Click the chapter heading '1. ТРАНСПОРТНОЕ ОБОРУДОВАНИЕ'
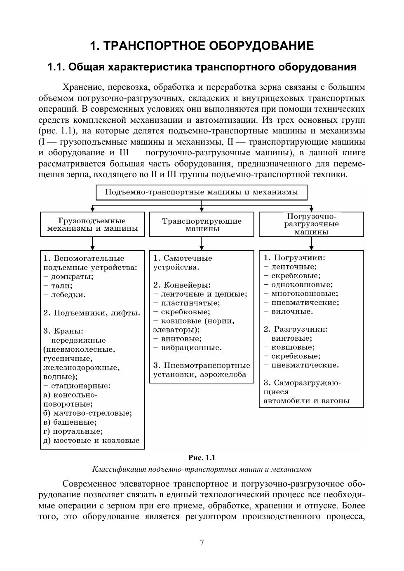click(202, 46)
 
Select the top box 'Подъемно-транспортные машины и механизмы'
click(202, 192)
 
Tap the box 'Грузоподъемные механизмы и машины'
click(92, 225)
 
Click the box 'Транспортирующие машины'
click(202, 225)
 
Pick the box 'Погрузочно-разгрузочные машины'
click(311, 224)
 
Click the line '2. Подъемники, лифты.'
click(92, 313)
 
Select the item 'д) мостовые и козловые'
click(91, 440)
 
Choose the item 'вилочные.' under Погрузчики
click(292, 311)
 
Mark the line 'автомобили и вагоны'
click(306, 401)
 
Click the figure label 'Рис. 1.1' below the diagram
click(202, 458)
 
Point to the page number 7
click(202, 543)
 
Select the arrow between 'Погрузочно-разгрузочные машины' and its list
click(311, 244)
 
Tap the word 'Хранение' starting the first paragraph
click(80, 88)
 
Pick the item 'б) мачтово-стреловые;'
click(87, 413)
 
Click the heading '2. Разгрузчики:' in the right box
click(296, 329)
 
